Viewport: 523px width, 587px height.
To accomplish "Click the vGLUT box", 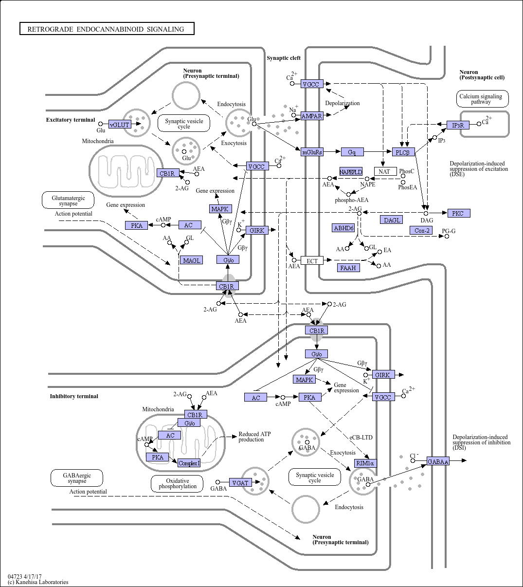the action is (120, 125).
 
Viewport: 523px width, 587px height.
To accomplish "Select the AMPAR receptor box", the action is (311, 116).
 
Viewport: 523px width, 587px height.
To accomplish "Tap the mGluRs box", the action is (312, 152).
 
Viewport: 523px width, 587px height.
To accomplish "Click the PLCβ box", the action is (403, 152).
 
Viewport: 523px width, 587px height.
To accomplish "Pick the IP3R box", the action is (458, 125).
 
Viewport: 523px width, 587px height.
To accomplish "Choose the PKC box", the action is (459, 213).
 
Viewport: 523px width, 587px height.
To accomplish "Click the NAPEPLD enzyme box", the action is (351, 171).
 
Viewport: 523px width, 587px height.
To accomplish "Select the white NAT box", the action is (385, 171).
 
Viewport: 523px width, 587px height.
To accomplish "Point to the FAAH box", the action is (349, 268).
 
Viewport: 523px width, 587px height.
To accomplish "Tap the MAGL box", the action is (191, 260).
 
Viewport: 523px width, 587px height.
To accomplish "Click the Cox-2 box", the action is (421, 230).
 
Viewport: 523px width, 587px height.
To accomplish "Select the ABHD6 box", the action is (343, 228).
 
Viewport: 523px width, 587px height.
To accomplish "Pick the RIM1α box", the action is (365, 463).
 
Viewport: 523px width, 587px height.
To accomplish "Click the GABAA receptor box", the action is (438, 461).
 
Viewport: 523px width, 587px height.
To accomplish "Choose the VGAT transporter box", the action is (240, 482).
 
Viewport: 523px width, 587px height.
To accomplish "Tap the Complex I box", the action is (189, 463).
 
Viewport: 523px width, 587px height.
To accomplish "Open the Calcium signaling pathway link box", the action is (483, 99).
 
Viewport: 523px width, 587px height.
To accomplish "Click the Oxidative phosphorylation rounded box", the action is (177, 483).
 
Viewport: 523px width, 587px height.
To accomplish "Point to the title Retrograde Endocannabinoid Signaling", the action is (106, 29).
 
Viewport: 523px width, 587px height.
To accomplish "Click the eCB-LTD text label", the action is (361, 437).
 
